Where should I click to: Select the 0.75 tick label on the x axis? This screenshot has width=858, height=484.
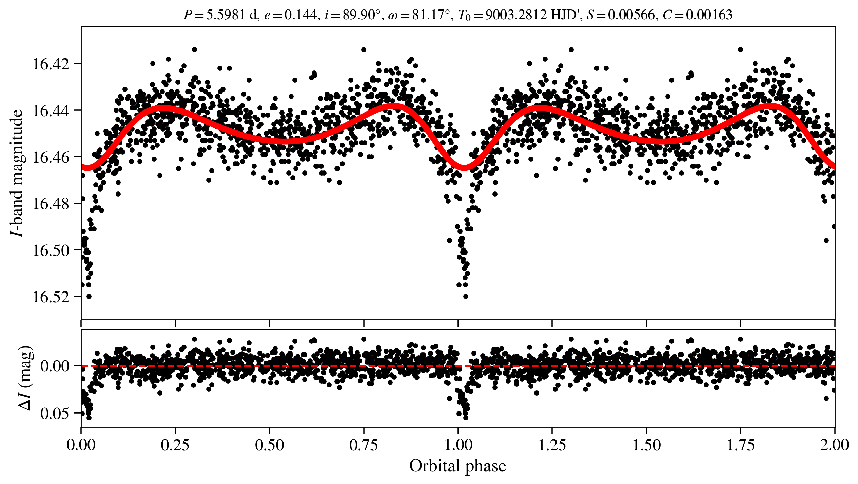(x=364, y=445)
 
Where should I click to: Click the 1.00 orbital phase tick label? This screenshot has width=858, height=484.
(x=458, y=445)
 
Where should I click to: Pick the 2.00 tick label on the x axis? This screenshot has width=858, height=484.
(x=834, y=445)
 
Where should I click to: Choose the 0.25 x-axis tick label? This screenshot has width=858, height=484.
(x=175, y=445)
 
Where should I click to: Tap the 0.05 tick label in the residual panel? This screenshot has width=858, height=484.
(x=55, y=414)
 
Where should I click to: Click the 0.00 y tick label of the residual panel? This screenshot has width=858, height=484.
(x=55, y=366)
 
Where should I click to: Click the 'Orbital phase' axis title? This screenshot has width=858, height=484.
(x=457, y=466)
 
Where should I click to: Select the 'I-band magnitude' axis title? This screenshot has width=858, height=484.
(x=17, y=173)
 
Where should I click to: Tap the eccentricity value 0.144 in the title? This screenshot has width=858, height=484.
(x=300, y=15)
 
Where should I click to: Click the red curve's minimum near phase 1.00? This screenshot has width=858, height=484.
(x=464, y=167)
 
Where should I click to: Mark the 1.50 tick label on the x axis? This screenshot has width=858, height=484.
(x=646, y=445)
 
